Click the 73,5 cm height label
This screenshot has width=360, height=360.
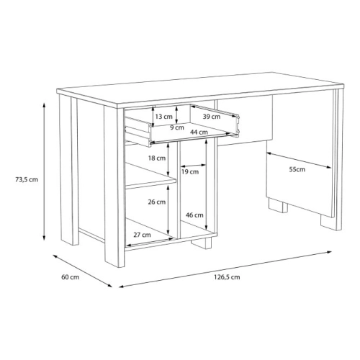pos(27,179)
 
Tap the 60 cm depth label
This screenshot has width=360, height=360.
pos(70,277)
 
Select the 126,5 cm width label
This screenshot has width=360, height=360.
pos(227,277)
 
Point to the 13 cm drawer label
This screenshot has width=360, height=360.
pos(164,117)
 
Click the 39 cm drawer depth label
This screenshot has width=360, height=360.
pos(212,117)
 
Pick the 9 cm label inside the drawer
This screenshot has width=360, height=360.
pos(177,127)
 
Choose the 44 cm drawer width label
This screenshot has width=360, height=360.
pos(199,132)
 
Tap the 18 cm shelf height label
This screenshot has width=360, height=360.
pos(157,158)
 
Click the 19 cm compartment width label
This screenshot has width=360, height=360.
pos(190,172)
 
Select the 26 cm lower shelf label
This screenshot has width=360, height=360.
pos(157,202)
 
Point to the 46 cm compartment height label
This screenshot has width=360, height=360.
pos(194,215)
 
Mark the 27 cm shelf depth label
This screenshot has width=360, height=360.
pos(142,235)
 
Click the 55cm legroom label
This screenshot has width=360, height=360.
pos(297,169)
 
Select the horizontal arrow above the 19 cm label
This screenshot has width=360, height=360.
pos(193,166)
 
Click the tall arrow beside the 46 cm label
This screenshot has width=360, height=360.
pos(206,184)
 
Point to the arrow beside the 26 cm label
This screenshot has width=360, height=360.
pos(168,210)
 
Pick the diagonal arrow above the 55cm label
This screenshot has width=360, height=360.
pos(299,160)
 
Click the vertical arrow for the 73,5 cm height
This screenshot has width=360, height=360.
pos(44,171)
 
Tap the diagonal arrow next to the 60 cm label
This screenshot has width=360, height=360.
pos(83,271)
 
